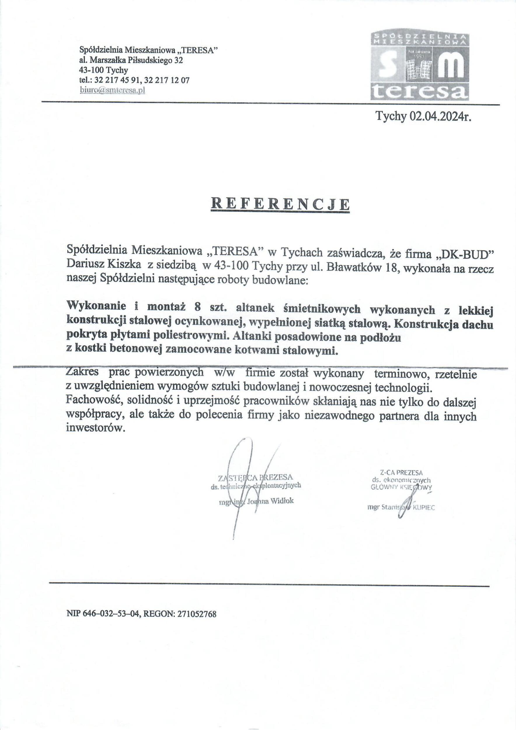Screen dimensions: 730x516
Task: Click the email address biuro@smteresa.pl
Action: pos(112,90)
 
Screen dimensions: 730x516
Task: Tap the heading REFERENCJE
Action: pos(280,204)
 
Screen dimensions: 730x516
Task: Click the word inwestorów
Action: pos(94,428)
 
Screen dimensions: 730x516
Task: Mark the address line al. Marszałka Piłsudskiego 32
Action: pos(131,60)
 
